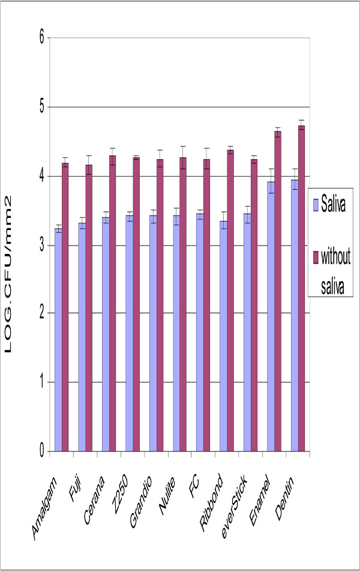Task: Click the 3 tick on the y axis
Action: (41, 245)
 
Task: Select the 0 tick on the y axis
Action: (41, 452)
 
